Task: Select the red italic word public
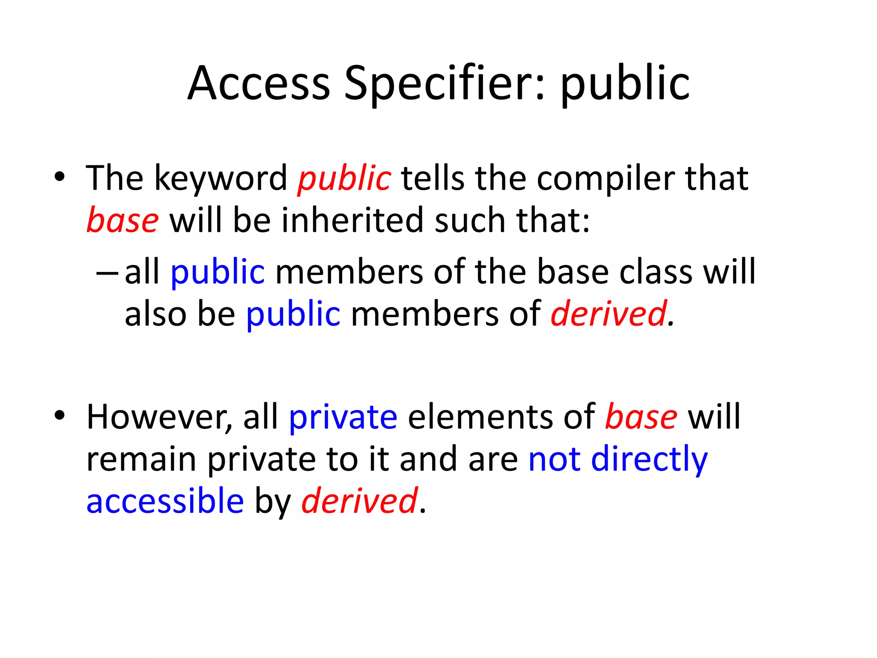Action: coord(344,178)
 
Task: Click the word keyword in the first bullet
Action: coord(221,178)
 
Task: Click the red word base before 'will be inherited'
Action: coord(122,220)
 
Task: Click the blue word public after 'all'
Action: coord(218,272)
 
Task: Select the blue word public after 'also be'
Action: coord(293,314)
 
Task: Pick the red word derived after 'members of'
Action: coord(608,314)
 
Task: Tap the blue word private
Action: coord(343,417)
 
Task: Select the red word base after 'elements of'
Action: coord(641,417)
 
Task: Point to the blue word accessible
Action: coord(165,501)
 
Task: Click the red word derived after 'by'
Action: coord(359,501)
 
